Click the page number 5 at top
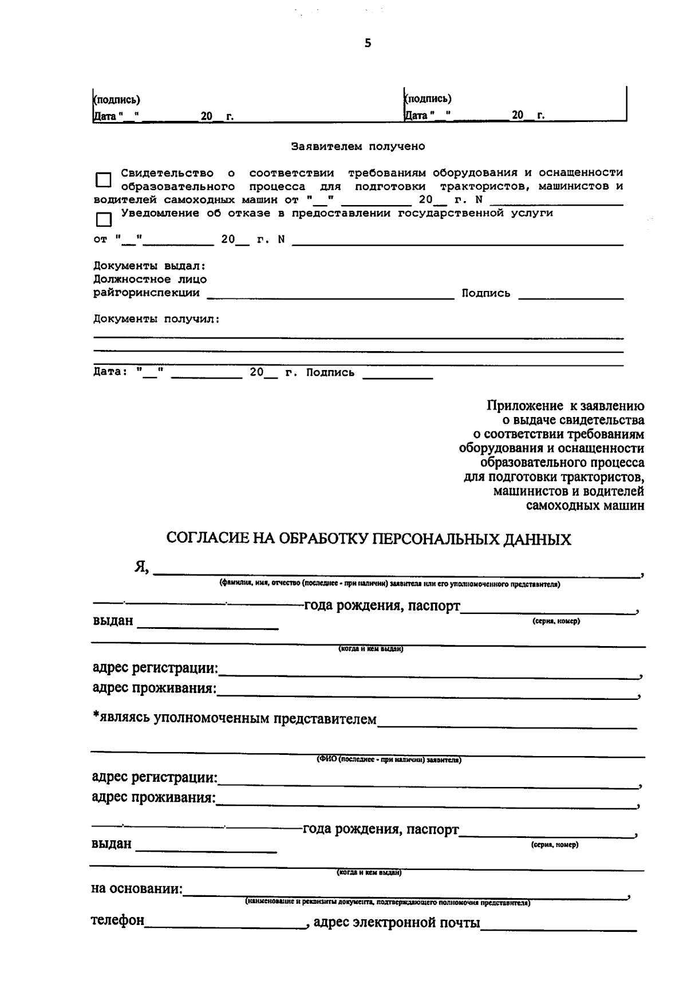pos(368,44)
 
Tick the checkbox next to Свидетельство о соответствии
pos(103,180)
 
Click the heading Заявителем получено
pos(358,147)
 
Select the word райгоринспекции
pos(147,293)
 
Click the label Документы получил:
pos(156,319)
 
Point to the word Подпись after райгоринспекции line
pos(485,294)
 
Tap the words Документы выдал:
pos(149,266)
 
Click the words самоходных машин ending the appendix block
pos(585,506)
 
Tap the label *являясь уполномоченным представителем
pos(235,719)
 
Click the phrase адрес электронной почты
pos(396,923)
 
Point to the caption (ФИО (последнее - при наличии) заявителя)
pos(389,760)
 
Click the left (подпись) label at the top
pos(117,100)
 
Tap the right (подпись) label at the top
pos(428,99)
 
